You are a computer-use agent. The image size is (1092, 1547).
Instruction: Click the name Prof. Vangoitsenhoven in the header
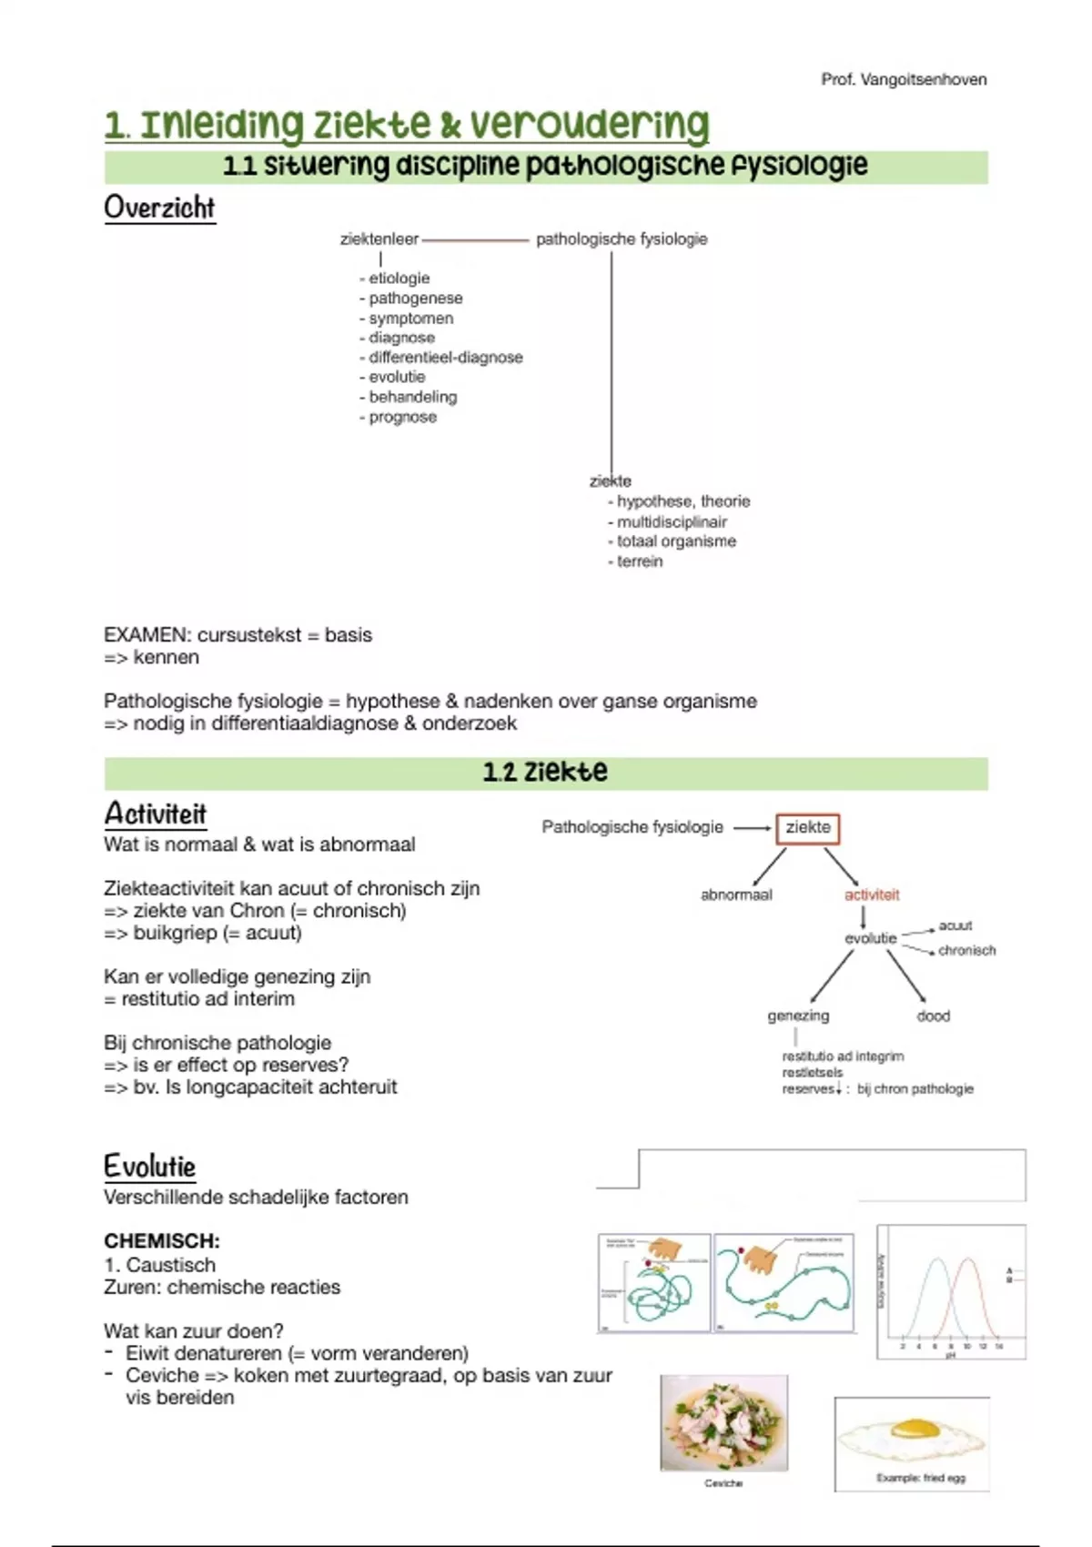pos(903,79)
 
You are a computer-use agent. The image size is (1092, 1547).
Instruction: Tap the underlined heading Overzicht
pos(159,207)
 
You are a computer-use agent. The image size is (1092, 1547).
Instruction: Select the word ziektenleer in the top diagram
pos(379,239)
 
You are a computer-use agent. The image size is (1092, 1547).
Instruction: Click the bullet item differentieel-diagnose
pos(445,358)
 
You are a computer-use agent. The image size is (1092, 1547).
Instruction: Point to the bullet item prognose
pos(402,417)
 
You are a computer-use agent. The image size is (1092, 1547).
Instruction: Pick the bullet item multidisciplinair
pos(672,521)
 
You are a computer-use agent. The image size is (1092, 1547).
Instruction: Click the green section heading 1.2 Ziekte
pos(545,773)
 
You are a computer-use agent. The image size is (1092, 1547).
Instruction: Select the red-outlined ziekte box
pos(808,828)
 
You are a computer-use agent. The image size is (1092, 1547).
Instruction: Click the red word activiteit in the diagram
pos(871,895)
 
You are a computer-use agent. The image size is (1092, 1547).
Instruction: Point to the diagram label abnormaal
pos(736,895)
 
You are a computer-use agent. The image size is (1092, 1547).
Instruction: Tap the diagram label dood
pos(933,1016)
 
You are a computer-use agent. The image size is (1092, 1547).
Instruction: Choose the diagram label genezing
pos(798,1016)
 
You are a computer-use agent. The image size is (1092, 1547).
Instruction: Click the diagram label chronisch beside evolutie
pos(966,950)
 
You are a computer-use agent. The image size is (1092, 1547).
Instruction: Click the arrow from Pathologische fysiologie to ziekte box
pos(752,828)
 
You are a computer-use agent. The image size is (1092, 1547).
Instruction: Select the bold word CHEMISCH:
pos(162,1241)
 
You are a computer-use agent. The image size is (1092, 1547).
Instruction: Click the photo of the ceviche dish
pos(723,1422)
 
